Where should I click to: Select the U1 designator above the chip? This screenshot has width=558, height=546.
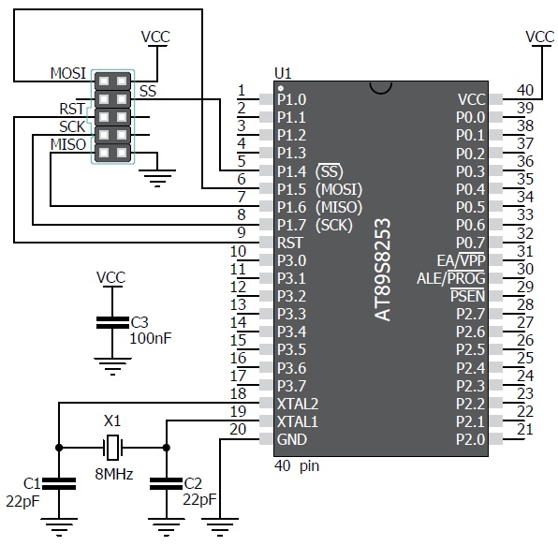pos(282,72)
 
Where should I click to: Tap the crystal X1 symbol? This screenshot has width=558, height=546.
pos(112,446)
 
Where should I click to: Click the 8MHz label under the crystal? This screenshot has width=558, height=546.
pos(112,475)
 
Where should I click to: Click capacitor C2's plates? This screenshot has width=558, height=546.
pos(166,484)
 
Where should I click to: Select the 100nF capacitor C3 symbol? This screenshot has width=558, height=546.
pos(111,323)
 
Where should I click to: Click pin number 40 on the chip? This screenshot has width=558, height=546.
pos(525,91)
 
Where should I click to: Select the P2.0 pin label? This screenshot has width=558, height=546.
pos(470,439)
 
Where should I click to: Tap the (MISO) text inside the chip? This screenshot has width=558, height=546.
pos(339,207)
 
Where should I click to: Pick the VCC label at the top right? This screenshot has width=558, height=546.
pos(540,37)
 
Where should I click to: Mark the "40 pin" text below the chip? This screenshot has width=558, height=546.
pos(297,465)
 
